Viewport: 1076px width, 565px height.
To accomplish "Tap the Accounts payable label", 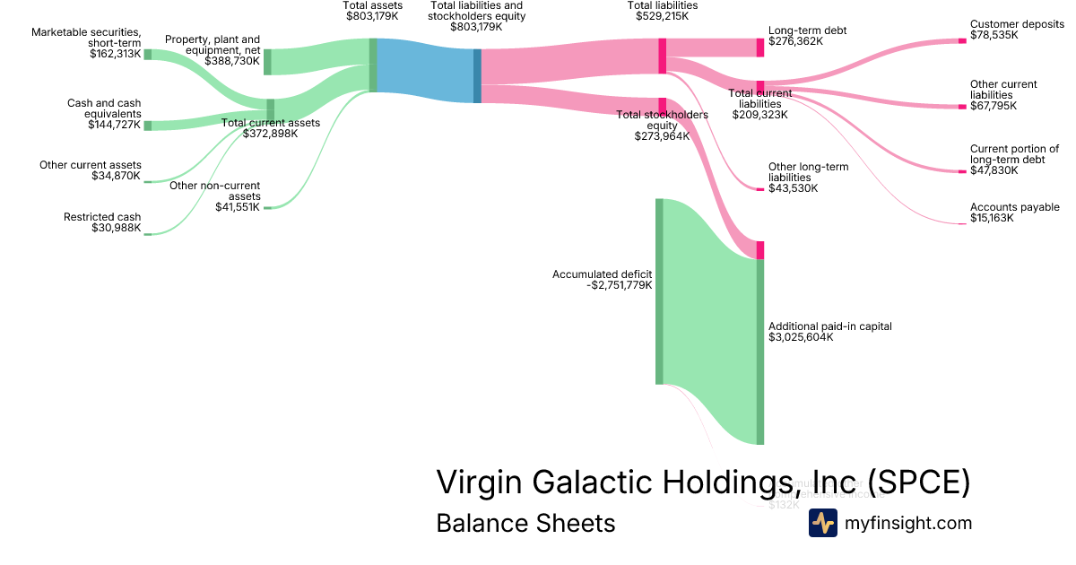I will click(1014, 207).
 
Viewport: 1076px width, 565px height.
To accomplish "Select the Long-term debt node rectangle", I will click(760, 48).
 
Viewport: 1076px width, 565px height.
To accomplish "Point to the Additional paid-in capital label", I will click(830, 326).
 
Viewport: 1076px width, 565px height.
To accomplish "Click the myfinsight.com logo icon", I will click(822, 523).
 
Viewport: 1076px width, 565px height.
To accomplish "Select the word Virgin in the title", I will click(480, 482).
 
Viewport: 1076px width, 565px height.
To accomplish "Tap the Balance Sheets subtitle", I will click(525, 523).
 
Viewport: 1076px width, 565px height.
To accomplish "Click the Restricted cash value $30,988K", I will click(116, 228).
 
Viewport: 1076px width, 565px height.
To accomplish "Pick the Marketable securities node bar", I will click(148, 55).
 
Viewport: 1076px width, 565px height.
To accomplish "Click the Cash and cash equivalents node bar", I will click(148, 126).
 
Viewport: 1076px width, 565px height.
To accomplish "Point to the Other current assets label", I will click(90, 165).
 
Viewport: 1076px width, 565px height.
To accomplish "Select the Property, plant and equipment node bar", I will click(267, 62).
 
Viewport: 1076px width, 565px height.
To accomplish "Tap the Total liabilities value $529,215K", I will click(662, 16).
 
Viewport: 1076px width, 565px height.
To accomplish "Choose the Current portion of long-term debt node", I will click(962, 171).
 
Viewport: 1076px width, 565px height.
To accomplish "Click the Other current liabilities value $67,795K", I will click(994, 106).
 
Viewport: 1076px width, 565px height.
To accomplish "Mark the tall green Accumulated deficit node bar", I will click(659, 291).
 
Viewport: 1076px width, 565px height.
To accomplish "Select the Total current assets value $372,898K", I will click(270, 134).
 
